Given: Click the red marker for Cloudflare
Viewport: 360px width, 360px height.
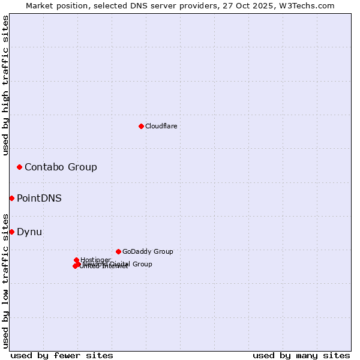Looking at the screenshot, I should click(x=141, y=126).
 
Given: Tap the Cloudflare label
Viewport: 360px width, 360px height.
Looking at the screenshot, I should click(x=161, y=126).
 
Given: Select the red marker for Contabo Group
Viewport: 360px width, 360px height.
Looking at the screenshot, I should click(x=19, y=167).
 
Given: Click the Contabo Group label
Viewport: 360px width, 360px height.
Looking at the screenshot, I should click(x=61, y=167).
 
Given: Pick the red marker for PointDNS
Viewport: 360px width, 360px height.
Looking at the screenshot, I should click(x=11, y=198).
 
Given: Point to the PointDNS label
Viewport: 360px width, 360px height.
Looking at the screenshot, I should click(x=39, y=198).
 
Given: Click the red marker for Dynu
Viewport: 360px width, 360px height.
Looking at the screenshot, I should click(x=11, y=232).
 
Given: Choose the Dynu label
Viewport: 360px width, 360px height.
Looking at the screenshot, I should click(x=29, y=232).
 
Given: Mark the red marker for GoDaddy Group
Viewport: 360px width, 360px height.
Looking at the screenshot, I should click(x=118, y=251).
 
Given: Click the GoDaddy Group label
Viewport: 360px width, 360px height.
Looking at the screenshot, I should click(x=148, y=251).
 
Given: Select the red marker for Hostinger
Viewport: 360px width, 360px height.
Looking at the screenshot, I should click(x=76, y=260).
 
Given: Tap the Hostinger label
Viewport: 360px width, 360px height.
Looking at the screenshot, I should click(x=95, y=260).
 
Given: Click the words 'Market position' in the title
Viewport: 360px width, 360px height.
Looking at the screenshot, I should click(x=55, y=5).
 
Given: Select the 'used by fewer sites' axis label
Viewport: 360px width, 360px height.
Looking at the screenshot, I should click(x=62, y=355).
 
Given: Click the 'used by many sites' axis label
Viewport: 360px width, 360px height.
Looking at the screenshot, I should click(x=301, y=355).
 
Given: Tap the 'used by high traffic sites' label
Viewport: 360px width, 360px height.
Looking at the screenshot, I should click(x=5, y=85).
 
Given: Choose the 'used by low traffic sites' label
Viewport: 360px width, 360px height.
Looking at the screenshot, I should click(x=5, y=280).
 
